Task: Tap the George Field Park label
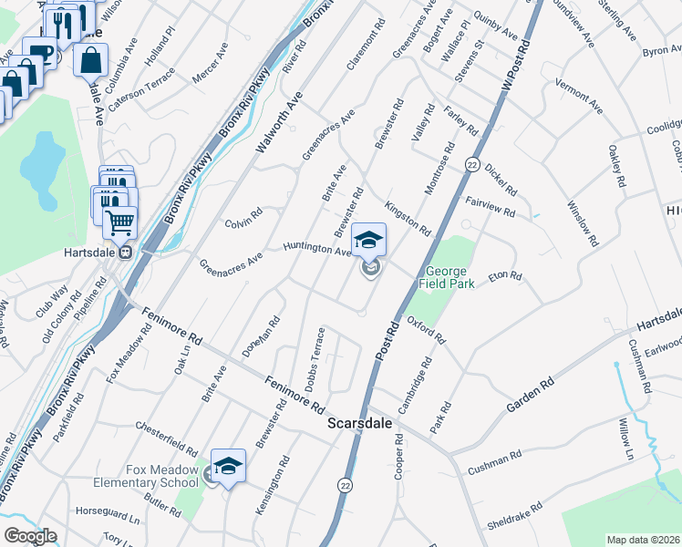click(x=447, y=278)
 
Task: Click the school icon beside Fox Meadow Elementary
click(x=228, y=466)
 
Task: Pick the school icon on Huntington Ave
click(x=369, y=242)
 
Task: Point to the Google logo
click(x=30, y=536)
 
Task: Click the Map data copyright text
click(x=644, y=539)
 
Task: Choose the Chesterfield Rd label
click(x=166, y=439)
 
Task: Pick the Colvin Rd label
click(x=243, y=219)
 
